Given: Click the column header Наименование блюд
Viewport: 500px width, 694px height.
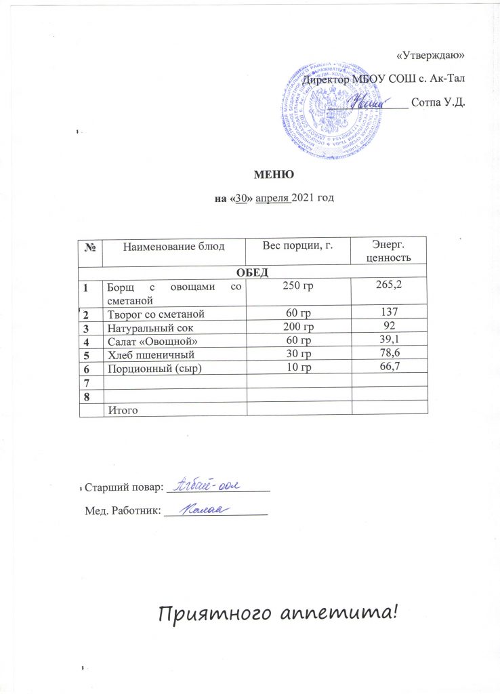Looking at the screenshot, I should coord(173,245).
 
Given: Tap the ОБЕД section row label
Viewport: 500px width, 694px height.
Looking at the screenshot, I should coord(253,272).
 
